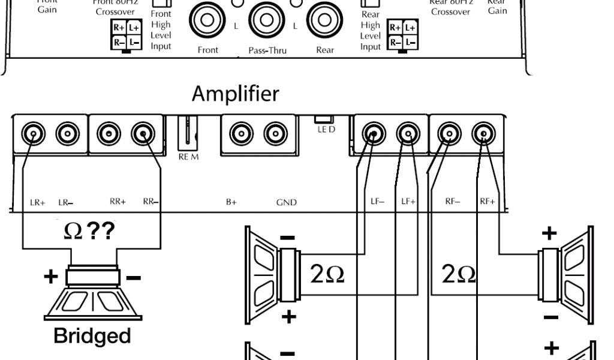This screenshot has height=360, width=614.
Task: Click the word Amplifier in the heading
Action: pyautogui.click(x=235, y=94)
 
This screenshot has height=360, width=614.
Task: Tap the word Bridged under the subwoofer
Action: pyautogui.click(x=92, y=335)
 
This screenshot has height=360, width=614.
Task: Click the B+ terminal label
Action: pyautogui.click(x=231, y=202)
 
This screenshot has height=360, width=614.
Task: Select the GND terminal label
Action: pyautogui.click(x=286, y=203)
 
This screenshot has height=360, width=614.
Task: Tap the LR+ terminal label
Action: pyautogui.click(x=37, y=202)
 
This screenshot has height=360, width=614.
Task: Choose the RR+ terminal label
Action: pyautogui.click(x=118, y=202)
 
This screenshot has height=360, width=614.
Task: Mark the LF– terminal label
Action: pyautogui.click(x=377, y=202)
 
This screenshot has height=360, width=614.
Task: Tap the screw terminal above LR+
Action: pyautogui.click(x=34, y=133)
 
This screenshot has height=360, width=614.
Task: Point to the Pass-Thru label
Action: pyautogui.click(x=267, y=50)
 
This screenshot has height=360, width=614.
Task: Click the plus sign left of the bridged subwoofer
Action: pyautogui.click(x=51, y=277)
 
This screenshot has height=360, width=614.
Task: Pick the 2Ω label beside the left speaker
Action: pyautogui.click(x=327, y=274)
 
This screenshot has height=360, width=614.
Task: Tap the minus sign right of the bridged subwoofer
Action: pyautogui.click(x=134, y=277)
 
